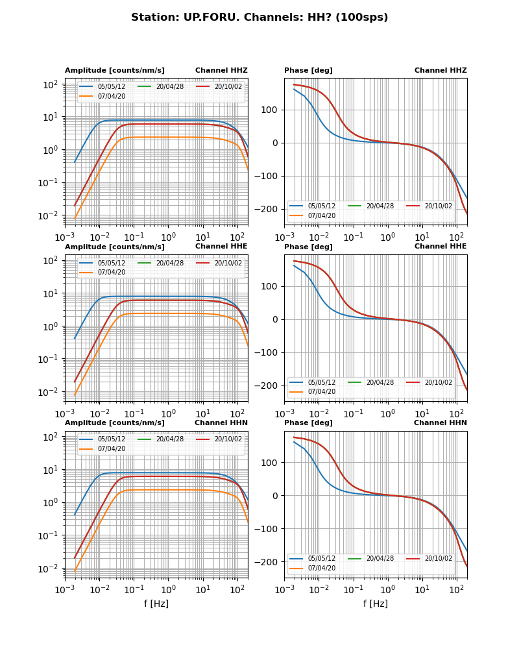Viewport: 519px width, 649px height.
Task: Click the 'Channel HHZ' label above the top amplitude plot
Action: [221, 71]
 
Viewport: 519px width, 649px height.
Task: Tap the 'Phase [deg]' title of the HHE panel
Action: [308, 247]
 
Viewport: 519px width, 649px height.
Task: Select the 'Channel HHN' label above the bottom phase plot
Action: [441, 422]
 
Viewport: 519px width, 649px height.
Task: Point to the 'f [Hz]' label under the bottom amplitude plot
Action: [156, 604]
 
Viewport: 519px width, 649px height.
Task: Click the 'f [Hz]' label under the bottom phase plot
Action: [376, 604]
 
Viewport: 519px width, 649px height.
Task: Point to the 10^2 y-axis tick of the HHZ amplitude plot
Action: [51, 84]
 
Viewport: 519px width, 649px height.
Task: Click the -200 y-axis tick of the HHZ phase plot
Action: [269, 210]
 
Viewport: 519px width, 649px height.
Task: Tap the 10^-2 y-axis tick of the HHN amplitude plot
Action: [50, 569]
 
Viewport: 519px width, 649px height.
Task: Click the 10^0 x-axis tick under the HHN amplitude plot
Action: [169, 589]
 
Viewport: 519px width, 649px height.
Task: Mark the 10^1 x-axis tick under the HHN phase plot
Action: [422, 589]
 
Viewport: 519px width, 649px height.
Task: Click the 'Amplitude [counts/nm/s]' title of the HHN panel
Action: [115, 422]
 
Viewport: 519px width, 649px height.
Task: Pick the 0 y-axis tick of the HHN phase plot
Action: [276, 496]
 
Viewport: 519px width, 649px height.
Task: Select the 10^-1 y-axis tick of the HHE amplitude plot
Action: [50, 359]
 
